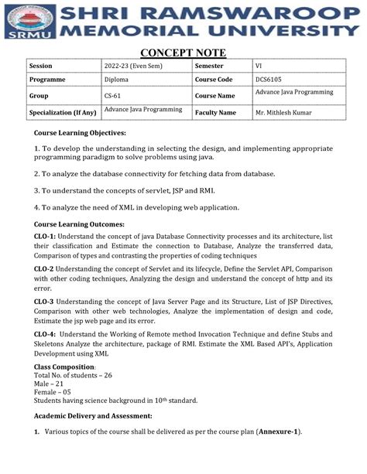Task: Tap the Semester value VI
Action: [259, 66]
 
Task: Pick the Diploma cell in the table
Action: [117, 80]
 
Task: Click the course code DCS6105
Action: [269, 80]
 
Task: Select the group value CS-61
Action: [114, 96]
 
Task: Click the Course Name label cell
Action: [215, 96]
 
